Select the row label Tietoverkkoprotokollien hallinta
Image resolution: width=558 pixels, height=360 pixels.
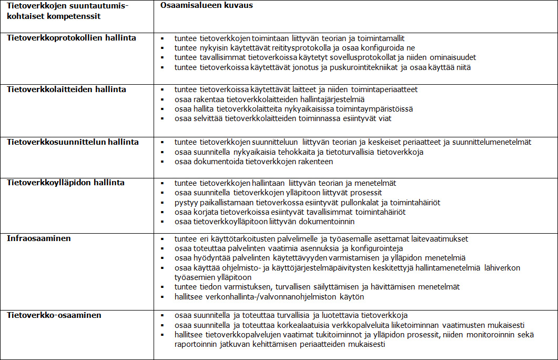(x=72, y=38)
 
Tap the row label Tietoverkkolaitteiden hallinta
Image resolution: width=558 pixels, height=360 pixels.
(x=67, y=89)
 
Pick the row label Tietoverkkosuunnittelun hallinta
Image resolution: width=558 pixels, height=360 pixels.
(x=73, y=142)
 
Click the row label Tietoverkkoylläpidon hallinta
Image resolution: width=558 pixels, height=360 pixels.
(x=66, y=183)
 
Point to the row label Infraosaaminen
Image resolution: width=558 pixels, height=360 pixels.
(x=39, y=238)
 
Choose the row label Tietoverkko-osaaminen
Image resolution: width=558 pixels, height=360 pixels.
(x=54, y=315)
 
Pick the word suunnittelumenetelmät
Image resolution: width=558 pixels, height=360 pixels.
(x=492, y=142)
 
